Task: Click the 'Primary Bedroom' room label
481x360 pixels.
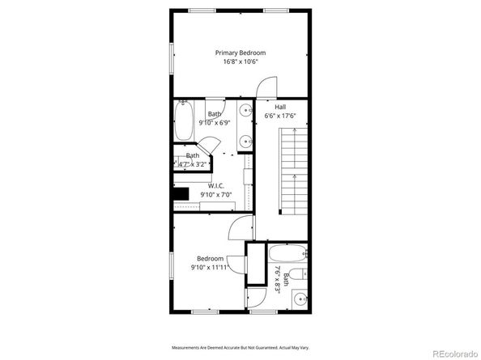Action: pyautogui.click(x=240, y=53)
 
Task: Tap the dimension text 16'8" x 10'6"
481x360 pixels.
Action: pyautogui.click(x=240, y=62)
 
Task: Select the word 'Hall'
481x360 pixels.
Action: pyautogui.click(x=280, y=107)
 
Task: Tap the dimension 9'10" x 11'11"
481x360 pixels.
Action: pyautogui.click(x=208, y=267)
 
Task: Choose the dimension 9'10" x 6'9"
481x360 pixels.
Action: pyautogui.click(x=215, y=123)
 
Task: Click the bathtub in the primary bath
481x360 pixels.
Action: pyautogui.click(x=185, y=121)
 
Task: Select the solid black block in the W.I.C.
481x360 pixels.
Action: pyautogui.click(x=181, y=193)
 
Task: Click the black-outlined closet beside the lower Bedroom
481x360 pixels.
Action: pyautogui.click(x=256, y=264)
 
